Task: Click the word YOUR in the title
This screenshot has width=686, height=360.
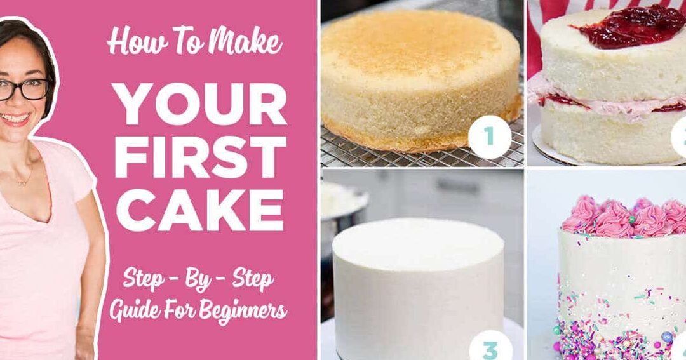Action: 200,103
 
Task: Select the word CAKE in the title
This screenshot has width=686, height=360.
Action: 199,210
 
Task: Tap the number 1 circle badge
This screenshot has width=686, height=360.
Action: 490,137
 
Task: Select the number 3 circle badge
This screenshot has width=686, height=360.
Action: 490,349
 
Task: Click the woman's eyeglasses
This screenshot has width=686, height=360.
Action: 24,90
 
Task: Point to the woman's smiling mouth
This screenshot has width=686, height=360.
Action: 15,119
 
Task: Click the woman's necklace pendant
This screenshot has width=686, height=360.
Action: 20,182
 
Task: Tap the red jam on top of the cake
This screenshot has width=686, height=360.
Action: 629,25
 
